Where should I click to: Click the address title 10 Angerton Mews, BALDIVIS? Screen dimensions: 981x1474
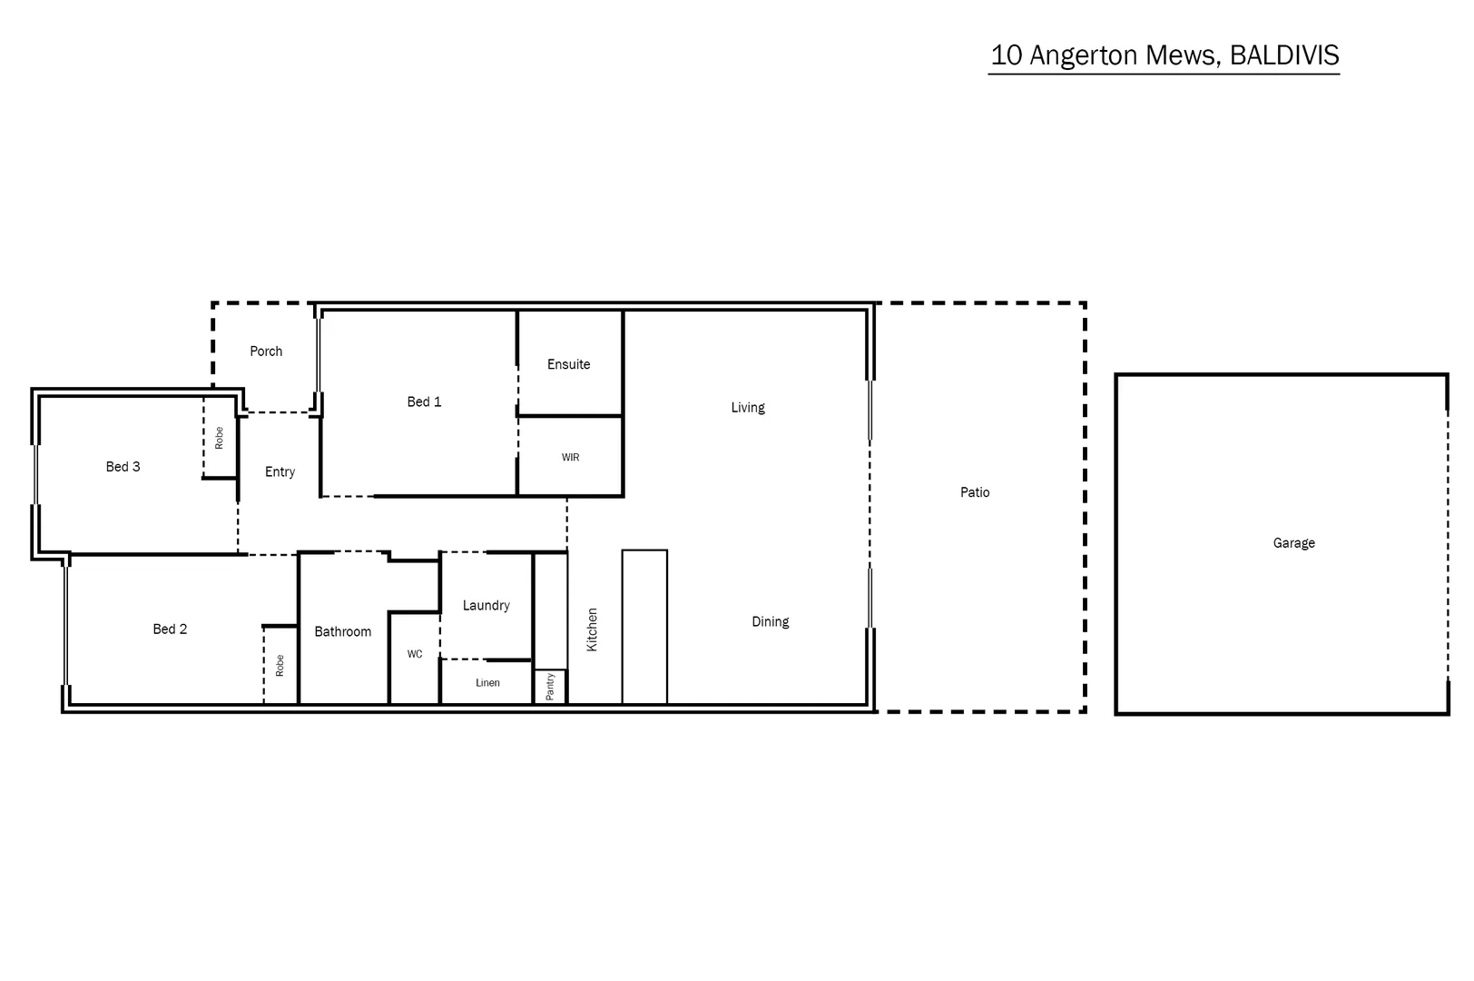point(1164,55)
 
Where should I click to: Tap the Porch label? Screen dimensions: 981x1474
point(266,352)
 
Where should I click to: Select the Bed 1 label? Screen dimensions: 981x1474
point(424,401)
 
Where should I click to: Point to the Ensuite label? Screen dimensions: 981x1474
point(568,364)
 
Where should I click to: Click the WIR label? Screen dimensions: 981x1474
point(570,458)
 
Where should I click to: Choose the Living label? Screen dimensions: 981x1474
point(748,408)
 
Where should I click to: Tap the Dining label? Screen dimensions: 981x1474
point(770,622)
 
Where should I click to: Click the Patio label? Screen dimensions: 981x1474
point(975,492)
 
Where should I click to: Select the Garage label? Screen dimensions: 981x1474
point(1293,543)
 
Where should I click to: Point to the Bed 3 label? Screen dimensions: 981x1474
point(123,467)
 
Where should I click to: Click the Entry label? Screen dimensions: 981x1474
point(280,472)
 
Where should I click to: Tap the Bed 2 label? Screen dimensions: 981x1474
point(170,629)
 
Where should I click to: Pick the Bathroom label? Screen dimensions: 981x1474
point(342,632)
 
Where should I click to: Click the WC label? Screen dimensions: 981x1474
point(415,654)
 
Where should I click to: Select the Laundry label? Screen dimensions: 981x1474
point(486,606)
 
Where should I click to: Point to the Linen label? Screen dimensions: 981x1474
point(487,683)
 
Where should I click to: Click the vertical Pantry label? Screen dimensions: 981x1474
point(550,687)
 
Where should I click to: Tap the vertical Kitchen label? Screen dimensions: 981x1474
point(592,629)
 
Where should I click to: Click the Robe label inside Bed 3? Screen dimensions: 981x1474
point(219,438)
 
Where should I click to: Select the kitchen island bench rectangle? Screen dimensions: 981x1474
point(644,627)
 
